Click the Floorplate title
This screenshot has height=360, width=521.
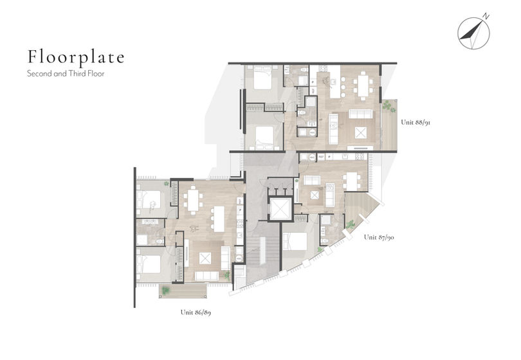(76, 57)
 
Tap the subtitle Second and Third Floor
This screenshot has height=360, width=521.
(66, 73)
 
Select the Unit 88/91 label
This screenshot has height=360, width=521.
(416, 122)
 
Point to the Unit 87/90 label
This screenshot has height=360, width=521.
(379, 237)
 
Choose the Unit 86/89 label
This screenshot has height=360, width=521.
(196, 312)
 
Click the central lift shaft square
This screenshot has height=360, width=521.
(280, 209)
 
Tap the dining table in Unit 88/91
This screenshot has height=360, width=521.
(363, 85)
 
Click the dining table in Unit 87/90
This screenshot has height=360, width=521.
(352, 181)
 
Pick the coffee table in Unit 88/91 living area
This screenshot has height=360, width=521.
(360, 133)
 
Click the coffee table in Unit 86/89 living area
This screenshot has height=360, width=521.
(205, 258)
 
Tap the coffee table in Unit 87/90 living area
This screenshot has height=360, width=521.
(315, 195)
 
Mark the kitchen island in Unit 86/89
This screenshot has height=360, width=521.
(219, 219)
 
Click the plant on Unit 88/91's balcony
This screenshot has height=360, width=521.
(388, 106)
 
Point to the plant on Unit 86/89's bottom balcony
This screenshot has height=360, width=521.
(165, 291)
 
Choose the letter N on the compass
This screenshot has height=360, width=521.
(486, 16)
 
